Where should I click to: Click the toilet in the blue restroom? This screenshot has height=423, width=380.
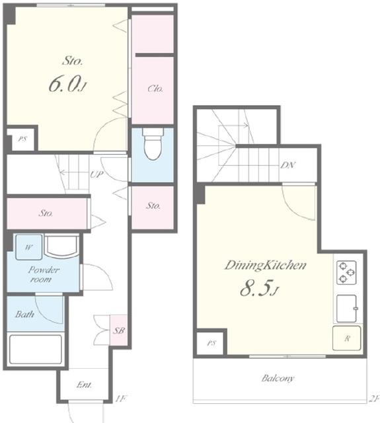[153, 143]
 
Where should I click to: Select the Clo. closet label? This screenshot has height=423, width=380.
[155, 89]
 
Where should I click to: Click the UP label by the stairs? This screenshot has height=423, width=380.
[97, 174]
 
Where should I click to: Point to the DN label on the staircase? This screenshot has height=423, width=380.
[288, 165]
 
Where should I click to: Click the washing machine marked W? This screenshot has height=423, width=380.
[29, 247]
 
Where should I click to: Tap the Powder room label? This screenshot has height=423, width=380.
[44, 274]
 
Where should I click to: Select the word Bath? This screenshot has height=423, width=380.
[24, 314]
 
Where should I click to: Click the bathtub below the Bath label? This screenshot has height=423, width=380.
[36, 350]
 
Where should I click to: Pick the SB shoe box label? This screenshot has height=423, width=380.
[119, 330]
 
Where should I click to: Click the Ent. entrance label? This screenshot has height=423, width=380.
[84, 385]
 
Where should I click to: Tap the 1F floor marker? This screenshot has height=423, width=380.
[120, 399]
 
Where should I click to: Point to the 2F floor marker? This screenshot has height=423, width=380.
[374, 399]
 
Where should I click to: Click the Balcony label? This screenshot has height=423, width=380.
[278, 378]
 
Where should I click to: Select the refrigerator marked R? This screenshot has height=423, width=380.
[347, 338]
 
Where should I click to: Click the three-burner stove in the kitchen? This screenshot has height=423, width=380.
[346, 272]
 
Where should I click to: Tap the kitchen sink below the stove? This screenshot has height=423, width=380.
[347, 309]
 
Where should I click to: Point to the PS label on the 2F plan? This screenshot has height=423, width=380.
[211, 343]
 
